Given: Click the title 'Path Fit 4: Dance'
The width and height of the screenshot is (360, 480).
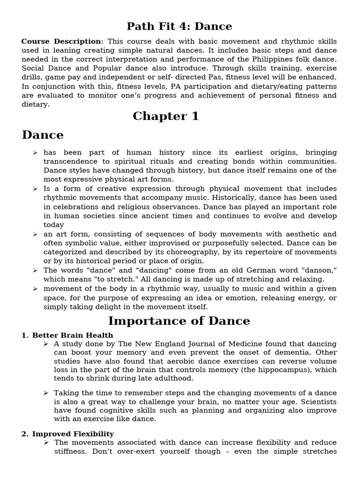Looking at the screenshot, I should point(180,26).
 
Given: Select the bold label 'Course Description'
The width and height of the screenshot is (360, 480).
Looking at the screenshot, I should point(61,42).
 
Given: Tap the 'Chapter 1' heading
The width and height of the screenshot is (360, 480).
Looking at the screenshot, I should point(165,116).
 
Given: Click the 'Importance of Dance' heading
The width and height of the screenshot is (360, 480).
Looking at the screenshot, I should point(179,321).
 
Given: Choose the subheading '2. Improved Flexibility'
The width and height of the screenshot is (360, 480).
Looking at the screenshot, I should point(67,434).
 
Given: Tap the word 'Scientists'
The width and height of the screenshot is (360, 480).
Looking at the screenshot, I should point(317,402).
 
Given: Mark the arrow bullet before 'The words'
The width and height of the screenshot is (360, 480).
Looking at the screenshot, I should point(35,270).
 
